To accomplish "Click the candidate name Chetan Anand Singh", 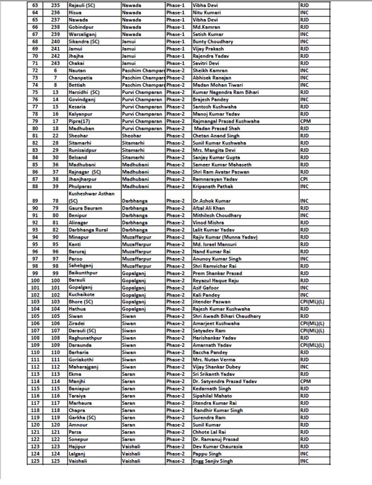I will coord(216,136).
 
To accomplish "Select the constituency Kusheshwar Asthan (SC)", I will coord(91,197).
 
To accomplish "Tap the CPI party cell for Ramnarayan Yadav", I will coord(304,179).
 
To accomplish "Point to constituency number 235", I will coord(55,5).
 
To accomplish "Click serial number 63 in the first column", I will coord(35,5).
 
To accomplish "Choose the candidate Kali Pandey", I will coord(206,295).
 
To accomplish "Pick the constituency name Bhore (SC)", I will coord(81,302).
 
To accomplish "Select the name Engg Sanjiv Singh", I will coord(212,461).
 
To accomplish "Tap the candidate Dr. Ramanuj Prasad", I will coord(215,439).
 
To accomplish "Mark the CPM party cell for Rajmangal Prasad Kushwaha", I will coord(305,121).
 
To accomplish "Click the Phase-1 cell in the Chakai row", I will coord(175,63).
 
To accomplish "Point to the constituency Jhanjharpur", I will coord(82,179).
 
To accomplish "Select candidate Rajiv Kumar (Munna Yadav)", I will coord(225,237).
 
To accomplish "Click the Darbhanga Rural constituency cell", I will coord(88,230).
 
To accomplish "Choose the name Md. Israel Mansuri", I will coord(214,244).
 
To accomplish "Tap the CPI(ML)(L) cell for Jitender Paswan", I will coord(312,302).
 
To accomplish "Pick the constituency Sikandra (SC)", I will coord(84,42).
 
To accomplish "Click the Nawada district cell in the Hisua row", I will coord(131,13).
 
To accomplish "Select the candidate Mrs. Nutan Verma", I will coord(214,360).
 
